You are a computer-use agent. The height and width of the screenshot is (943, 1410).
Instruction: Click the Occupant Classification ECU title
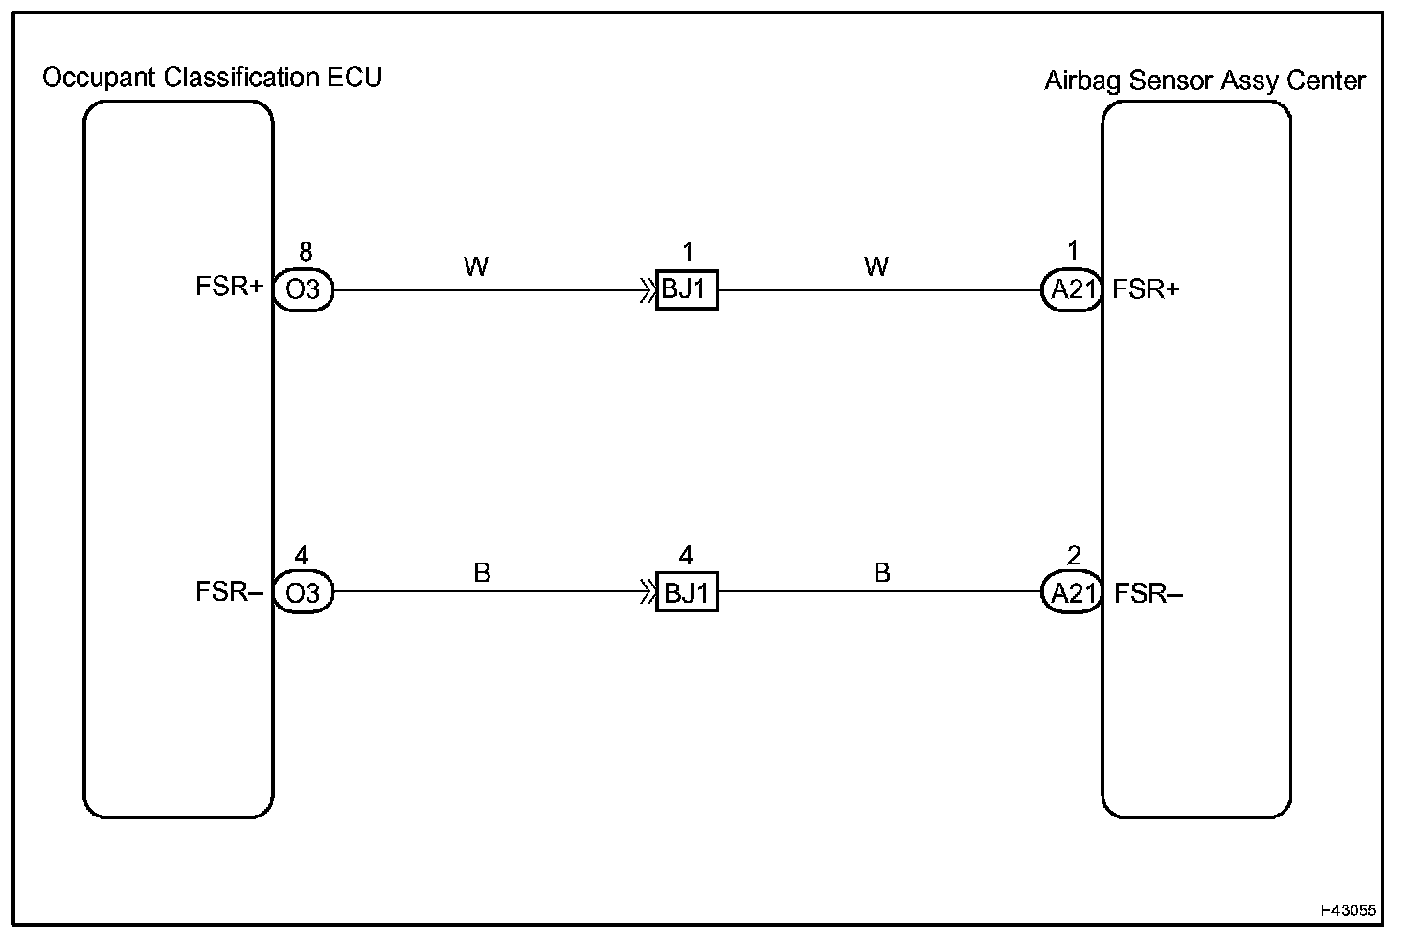pyautogui.click(x=212, y=78)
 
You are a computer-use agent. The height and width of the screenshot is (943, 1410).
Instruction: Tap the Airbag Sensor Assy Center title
pyautogui.click(x=1204, y=80)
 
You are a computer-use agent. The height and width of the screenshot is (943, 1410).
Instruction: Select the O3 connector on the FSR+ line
pyautogui.click(x=303, y=289)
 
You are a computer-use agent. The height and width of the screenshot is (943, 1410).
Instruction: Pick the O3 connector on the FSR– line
pyautogui.click(x=303, y=593)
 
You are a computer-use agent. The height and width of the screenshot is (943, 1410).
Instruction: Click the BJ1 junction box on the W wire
pyautogui.click(x=687, y=289)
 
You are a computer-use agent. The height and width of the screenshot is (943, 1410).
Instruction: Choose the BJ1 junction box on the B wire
pyautogui.click(x=687, y=593)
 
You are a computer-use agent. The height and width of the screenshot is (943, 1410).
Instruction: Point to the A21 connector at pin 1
pyautogui.click(x=1072, y=289)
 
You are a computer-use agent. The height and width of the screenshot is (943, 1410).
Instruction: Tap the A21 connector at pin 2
pyautogui.click(x=1072, y=593)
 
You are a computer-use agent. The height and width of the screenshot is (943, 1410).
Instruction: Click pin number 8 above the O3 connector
pyautogui.click(x=305, y=252)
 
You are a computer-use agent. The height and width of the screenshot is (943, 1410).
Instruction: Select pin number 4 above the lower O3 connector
pyautogui.click(x=302, y=556)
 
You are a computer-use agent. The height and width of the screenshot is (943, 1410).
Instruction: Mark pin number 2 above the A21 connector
pyautogui.click(x=1074, y=556)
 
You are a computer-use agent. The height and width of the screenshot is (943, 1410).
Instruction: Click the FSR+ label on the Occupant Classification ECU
pyautogui.click(x=229, y=287)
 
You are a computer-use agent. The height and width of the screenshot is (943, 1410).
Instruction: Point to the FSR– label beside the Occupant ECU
pyautogui.click(x=229, y=592)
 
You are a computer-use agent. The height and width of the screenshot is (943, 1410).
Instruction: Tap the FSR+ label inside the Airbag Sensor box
pyautogui.click(x=1147, y=289)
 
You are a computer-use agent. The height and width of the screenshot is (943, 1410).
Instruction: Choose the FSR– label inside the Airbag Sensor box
pyautogui.click(x=1148, y=594)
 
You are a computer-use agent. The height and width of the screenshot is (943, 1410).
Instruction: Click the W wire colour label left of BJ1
pyautogui.click(x=476, y=267)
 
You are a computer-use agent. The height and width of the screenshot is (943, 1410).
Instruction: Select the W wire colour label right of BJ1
pyautogui.click(x=876, y=267)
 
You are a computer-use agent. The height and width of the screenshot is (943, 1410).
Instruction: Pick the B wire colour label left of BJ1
pyautogui.click(x=482, y=573)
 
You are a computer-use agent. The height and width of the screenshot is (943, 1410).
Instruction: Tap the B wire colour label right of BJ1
pyautogui.click(x=882, y=573)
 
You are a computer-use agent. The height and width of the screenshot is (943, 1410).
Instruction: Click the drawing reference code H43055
pyautogui.click(x=1347, y=910)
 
